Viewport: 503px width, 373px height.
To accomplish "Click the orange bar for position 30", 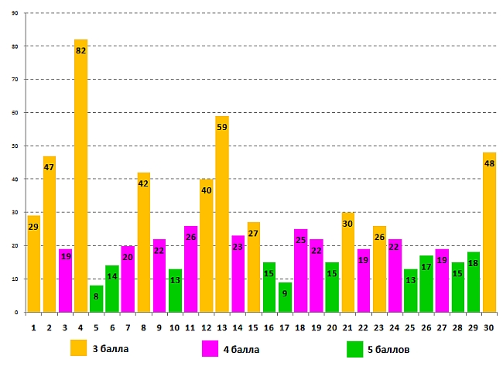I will click(x=489, y=232).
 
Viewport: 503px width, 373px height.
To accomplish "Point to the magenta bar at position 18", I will click(x=300, y=270).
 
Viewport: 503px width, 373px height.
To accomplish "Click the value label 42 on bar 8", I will click(x=143, y=184).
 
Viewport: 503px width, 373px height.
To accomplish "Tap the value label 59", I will click(x=221, y=128).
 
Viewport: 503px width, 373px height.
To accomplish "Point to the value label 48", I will click(x=489, y=164).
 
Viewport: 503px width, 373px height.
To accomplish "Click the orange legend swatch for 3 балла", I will click(x=78, y=348).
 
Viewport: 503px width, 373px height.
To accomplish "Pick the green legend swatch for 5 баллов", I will click(x=355, y=348).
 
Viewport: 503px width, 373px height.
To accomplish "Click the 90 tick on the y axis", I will click(x=15, y=13).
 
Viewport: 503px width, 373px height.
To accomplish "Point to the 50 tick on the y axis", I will click(x=15, y=146).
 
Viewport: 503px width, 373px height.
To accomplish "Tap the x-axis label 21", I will click(x=347, y=327).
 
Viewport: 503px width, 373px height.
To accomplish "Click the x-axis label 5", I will click(x=96, y=327).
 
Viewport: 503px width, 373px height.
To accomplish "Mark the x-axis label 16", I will click(x=269, y=327).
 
